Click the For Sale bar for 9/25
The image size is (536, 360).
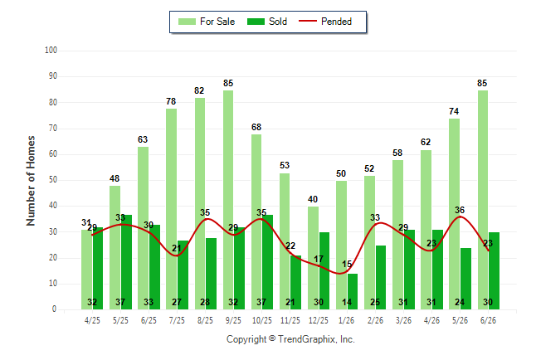(228, 200)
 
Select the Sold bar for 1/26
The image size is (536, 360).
(353, 292)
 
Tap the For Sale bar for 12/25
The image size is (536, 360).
(313, 258)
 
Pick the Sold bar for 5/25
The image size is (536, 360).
(126, 262)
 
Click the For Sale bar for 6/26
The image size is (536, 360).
(483, 200)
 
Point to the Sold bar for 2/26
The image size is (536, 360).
(381, 277)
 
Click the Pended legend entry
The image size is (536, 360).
(325, 22)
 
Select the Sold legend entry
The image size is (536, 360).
(267, 22)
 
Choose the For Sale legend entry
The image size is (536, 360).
(207, 22)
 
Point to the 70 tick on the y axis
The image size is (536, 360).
(52, 129)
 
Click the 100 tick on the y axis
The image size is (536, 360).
(51, 51)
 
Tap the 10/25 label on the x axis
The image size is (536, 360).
(262, 320)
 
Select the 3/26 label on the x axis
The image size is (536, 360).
(403, 320)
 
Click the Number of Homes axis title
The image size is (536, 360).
(31, 181)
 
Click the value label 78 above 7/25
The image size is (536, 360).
(171, 101)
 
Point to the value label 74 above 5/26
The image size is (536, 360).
(454, 111)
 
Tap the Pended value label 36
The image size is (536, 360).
(460, 210)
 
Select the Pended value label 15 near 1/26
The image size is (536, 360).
(347, 264)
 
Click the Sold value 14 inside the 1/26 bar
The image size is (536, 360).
(347, 302)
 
